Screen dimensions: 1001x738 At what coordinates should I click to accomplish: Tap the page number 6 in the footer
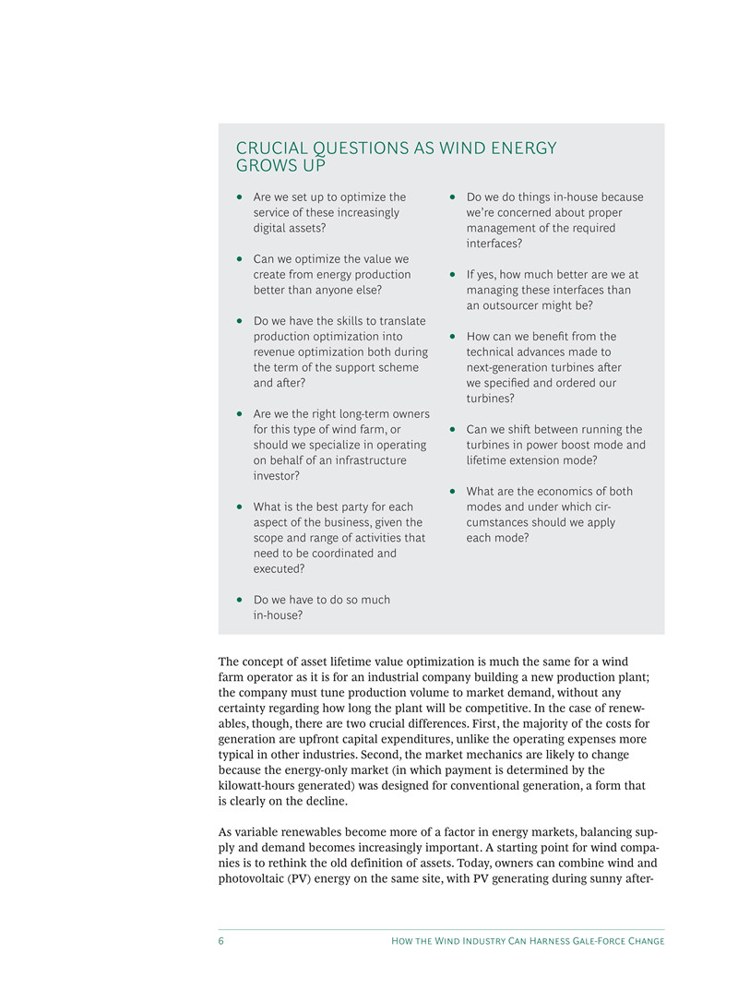(221, 941)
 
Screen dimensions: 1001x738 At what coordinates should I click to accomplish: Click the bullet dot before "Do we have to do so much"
(240, 600)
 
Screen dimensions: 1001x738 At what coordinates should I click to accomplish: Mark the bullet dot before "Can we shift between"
(453, 430)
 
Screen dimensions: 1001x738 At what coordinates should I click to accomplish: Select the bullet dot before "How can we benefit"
(453, 337)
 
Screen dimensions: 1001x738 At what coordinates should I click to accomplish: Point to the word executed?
(279, 569)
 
